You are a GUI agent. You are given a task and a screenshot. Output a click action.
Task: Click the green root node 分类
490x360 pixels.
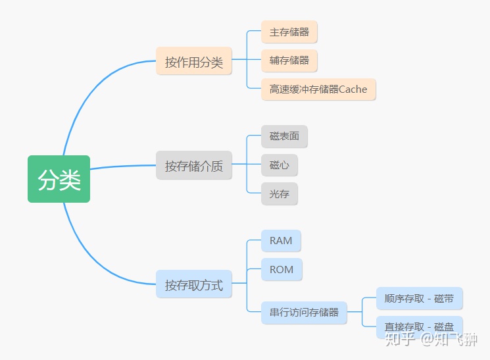click(59, 179)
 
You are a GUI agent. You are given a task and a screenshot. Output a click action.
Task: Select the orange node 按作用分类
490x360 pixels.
click(194, 61)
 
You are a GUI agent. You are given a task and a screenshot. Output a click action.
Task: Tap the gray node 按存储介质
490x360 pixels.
click(194, 165)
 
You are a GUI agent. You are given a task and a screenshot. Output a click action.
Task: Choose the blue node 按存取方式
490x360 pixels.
click(194, 284)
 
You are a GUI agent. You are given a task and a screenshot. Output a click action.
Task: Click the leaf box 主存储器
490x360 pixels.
click(289, 32)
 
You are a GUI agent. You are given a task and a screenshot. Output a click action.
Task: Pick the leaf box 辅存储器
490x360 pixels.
click(289, 61)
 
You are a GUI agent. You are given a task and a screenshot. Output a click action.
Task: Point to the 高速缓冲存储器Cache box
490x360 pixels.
click(318, 89)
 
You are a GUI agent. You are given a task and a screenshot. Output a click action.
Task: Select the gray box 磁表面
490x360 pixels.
click(284, 136)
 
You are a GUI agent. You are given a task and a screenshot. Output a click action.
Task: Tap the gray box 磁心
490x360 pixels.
click(279, 165)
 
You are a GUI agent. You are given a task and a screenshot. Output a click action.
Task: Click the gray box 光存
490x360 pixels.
click(279, 194)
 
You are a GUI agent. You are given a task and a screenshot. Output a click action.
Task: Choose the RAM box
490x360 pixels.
click(281, 241)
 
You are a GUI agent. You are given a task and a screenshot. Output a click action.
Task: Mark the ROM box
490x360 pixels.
click(282, 270)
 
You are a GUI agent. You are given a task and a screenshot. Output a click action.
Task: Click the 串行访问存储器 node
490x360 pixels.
click(304, 312)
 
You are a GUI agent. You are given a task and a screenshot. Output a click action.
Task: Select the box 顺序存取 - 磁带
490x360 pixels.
click(419, 299)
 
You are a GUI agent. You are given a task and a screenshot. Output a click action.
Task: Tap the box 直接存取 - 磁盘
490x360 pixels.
click(419, 327)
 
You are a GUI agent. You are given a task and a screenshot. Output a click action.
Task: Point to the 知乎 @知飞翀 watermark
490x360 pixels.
click(431, 339)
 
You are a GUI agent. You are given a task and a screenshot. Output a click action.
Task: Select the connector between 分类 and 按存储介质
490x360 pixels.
click(122, 167)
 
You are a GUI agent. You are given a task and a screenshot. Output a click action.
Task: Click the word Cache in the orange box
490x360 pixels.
click(353, 89)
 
